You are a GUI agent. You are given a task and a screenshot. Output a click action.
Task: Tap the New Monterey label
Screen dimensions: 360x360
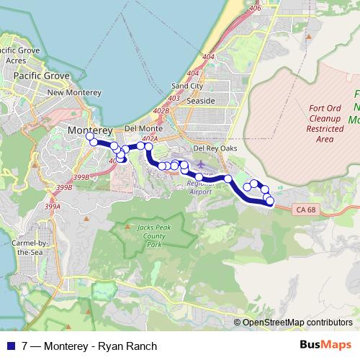[70, 93]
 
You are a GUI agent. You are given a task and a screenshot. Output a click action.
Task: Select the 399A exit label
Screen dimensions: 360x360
[53, 206]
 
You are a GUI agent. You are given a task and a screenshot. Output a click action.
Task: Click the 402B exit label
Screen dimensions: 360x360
[161, 111]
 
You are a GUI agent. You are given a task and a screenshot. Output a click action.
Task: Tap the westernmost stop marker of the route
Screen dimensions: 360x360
[89, 136]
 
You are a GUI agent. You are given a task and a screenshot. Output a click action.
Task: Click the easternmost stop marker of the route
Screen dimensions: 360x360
[270, 201]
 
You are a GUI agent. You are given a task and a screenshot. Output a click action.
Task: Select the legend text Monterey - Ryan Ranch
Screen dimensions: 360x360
[100, 346]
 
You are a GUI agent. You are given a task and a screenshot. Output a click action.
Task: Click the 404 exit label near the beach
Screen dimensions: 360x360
[209, 55]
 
